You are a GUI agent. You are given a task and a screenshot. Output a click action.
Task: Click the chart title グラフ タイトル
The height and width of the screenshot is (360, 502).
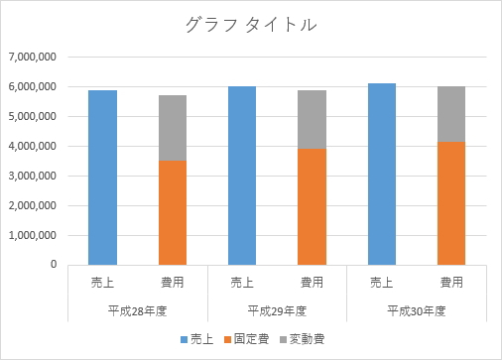tap(250, 26)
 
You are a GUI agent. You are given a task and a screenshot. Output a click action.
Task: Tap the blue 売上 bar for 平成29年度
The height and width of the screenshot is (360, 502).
tap(242, 177)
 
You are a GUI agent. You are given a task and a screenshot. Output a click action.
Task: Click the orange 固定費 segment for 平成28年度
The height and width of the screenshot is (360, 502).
tap(173, 213)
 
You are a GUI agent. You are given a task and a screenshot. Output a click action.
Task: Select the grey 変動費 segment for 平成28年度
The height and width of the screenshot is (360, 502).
tap(173, 128)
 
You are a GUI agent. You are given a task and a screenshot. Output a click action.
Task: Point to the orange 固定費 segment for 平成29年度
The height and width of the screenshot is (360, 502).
tap(313, 207)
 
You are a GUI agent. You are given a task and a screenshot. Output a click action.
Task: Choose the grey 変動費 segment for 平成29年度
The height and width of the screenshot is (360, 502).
tap(313, 120)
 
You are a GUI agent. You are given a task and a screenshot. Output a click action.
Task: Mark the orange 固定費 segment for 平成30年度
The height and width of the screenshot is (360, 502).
tap(452, 203)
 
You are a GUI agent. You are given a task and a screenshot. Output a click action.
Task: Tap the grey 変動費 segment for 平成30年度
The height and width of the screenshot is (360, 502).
tap(452, 114)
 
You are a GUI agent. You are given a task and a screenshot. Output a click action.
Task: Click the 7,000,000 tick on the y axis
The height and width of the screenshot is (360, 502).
tap(32, 58)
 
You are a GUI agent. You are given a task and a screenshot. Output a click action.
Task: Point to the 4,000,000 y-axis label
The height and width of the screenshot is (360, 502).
tap(32, 147)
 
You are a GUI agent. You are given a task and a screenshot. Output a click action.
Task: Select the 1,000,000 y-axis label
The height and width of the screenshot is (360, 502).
tap(32, 236)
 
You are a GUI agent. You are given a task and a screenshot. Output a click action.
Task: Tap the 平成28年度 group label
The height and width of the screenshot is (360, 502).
tap(137, 309)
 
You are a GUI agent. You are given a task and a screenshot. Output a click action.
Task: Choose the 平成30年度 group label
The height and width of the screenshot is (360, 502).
tap(417, 309)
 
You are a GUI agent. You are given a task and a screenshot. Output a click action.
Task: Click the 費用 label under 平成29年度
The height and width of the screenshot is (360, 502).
tap(313, 283)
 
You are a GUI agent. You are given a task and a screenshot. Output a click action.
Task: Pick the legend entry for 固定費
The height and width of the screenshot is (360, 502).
tap(249, 339)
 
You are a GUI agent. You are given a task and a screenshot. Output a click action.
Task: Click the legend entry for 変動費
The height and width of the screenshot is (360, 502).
tap(305, 339)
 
